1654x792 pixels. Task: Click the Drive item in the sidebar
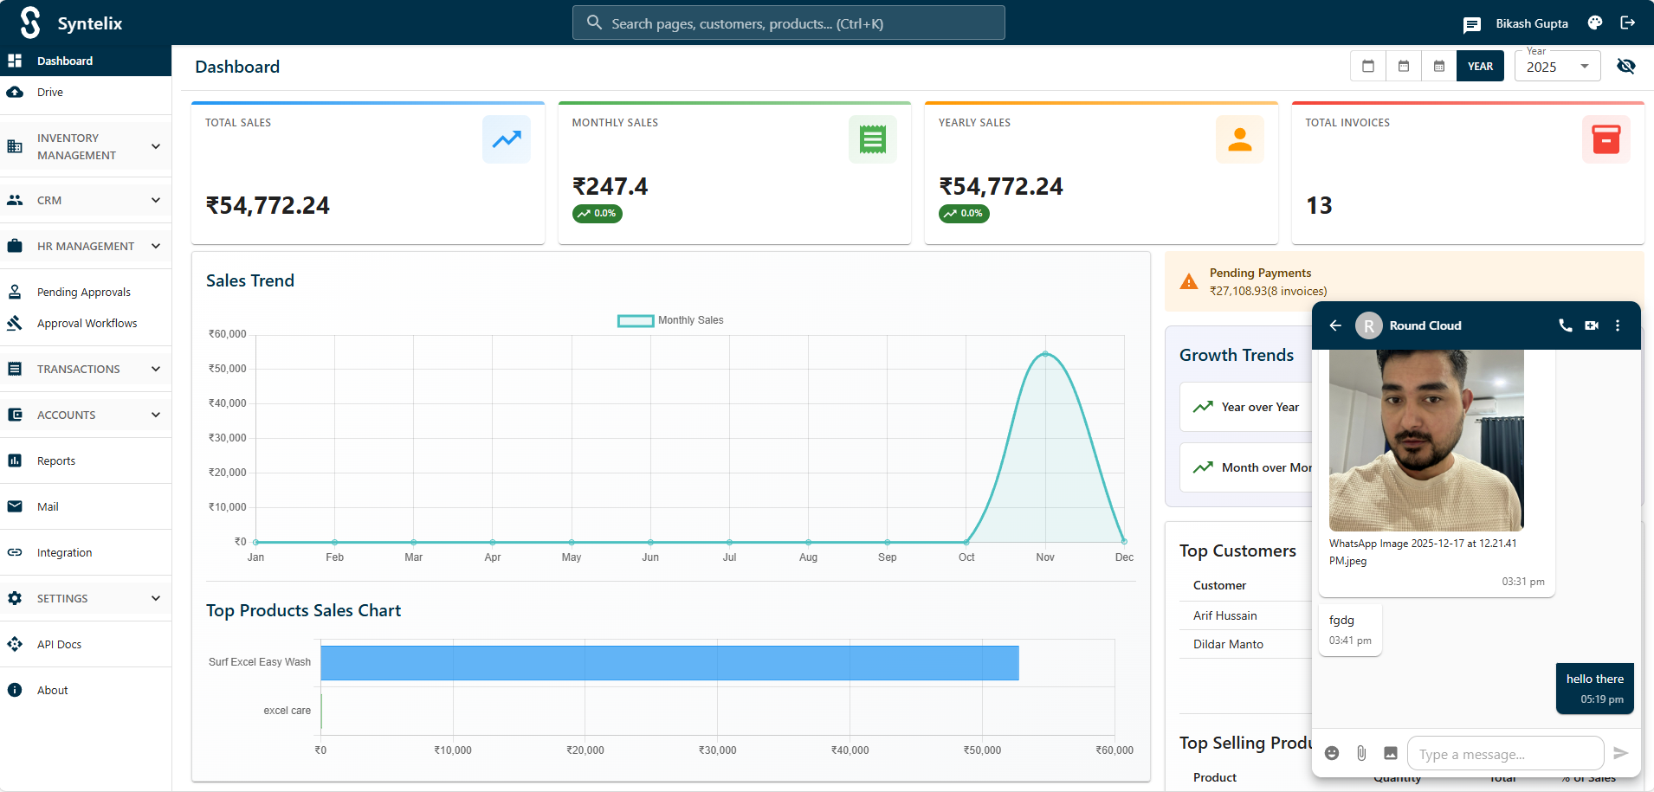[x=49, y=93]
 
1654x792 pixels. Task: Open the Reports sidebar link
[x=56, y=461]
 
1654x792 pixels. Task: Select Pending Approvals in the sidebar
[x=83, y=293]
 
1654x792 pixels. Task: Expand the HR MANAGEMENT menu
[x=86, y=247]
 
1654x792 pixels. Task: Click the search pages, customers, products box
[x=788, y=23]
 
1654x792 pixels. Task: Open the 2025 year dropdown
[x=1557, y=67]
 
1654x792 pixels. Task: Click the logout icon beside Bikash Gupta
[x=1628, y=23]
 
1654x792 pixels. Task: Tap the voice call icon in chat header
[x=1565, y=325]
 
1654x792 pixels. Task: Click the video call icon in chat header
[x=1592, y=325]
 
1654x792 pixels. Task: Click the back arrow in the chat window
[x=1335, y=325]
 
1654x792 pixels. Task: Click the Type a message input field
[x=1505, y=754]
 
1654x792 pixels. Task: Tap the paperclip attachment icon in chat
[x=1361, y=753]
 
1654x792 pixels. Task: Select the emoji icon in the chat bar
[x=1332, y=753]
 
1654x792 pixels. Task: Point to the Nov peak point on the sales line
[x=1045, y=354]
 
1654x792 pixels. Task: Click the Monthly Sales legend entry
[x=671, y=320]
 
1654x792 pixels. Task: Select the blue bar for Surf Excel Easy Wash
[x=669, y=663]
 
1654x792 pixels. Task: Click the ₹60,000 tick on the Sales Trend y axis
[x=228, y=334]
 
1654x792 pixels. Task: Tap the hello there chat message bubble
[x=1594, y=688]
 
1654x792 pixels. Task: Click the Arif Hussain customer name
[x=1224, y=615]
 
